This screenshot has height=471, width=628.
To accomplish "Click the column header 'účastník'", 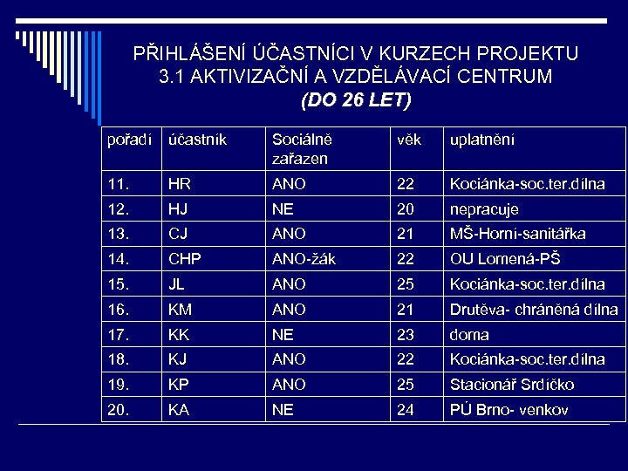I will click(x=198, y=140).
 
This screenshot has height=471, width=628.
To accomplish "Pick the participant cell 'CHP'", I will click(x=185, y=259).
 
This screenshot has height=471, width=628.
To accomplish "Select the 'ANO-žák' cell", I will click(x=304, y=259).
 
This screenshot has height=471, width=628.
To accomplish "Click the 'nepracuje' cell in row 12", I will click(x=483, y=209).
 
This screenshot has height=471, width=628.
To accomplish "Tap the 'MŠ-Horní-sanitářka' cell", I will click(x=517, y=234).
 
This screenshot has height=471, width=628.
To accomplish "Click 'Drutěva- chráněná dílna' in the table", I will click(x=533, y=310).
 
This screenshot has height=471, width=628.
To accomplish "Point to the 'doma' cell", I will click(x=468, y=334).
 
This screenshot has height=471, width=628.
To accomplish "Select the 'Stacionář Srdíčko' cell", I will click(x=511, y=385).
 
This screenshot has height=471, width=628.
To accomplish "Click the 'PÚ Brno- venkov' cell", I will click(x=509, y=410).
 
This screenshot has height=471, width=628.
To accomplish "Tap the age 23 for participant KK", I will click(x=406, y=334).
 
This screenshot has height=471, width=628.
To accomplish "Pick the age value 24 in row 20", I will click(x=406, y=410).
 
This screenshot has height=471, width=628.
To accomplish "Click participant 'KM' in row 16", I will click(x=180, y=310).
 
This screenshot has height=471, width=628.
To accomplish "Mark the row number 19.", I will click(x=117, y=385).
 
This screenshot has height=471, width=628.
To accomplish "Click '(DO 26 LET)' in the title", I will click(x=355, y=100).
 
